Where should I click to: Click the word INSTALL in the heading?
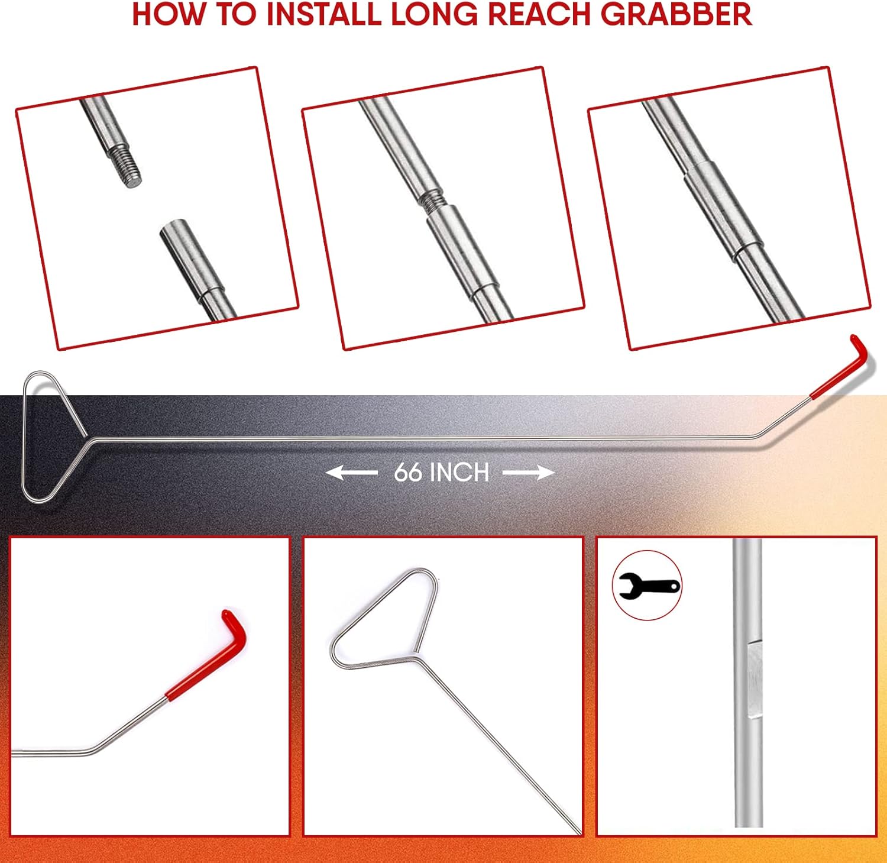tap(323, 14)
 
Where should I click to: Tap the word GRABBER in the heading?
tap(676, 14)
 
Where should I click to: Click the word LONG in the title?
tap(435, 14)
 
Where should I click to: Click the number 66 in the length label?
tap(409, 473)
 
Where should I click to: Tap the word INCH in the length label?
tap(459, 473)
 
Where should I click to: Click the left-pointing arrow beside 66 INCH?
tap(352, 473)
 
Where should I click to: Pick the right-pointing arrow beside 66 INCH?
tap(529, 473)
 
